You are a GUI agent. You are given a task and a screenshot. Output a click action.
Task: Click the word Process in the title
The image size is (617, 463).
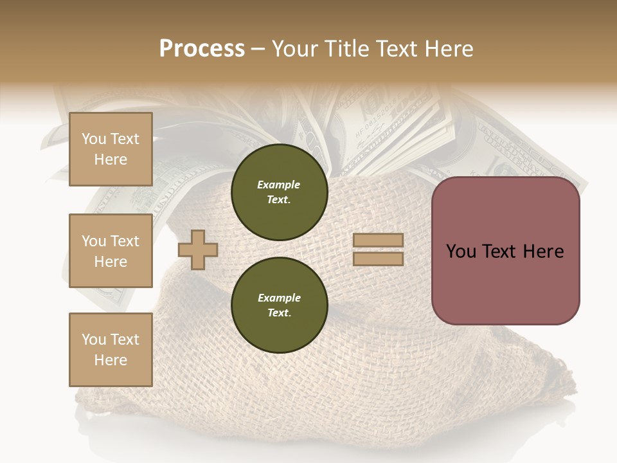(x=202, y=49)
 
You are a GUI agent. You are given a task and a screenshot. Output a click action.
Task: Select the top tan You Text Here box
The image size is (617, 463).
(x=111, y=149)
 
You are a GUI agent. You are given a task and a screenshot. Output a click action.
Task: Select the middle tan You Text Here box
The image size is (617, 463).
(x=111, y=251)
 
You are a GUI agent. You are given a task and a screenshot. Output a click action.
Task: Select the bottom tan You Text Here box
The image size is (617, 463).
(x=111, y=350)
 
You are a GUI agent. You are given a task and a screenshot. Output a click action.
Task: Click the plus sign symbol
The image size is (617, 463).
(x=198, y=250)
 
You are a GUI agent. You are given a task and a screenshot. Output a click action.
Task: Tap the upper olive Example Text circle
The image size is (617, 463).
(x=279, y=192)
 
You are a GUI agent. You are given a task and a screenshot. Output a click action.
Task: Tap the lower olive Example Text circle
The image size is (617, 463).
(x=279, y=305)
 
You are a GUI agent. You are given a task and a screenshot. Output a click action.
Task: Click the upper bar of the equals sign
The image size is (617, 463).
(x=378, y=241)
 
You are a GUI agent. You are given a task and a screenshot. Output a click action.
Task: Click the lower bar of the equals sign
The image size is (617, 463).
(x=378, y=259)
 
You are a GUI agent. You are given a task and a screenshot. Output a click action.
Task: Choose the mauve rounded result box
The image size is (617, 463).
(x=505, y=251)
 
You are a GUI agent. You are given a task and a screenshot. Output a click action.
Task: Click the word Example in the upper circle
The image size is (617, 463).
(x=279, y=185)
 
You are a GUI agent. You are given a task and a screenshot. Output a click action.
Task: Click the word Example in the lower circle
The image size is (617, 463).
(x=279, y=298)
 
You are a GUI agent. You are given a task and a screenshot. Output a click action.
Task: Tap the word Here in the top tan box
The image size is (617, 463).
(x=111, y=159)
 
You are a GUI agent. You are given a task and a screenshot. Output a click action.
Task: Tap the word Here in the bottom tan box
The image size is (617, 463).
(x=111, y=360)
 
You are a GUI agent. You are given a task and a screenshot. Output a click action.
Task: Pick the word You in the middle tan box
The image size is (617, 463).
(x=93, y=241)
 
